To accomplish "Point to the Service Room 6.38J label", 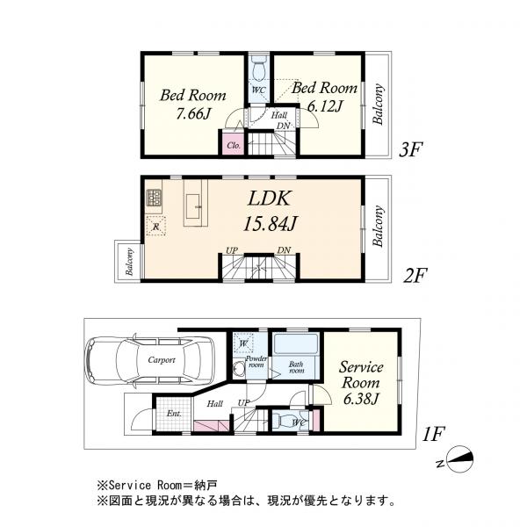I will coord(360,384).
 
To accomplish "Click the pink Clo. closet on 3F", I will coord(235,145).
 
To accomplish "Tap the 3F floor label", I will coord(412,150).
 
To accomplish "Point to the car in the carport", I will coord(147,361).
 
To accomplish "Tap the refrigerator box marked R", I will coord(155,227).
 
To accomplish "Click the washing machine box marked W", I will coord(243,343).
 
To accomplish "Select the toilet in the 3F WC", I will coord(257,69).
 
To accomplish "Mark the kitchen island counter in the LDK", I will coord(194,204).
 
